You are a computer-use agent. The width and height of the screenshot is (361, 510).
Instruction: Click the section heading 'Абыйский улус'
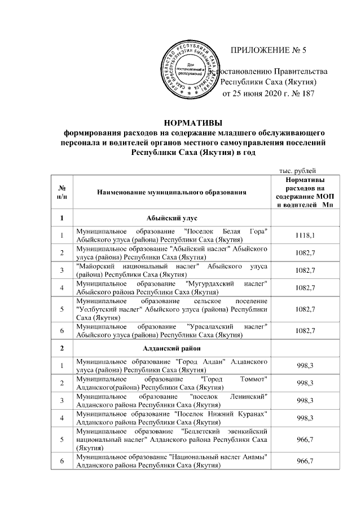pos(172,218)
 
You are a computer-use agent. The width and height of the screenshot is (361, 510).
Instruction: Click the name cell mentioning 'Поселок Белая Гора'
pos(172,237)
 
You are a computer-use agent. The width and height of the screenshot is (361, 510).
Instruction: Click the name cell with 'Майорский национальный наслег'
pos(172,271)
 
